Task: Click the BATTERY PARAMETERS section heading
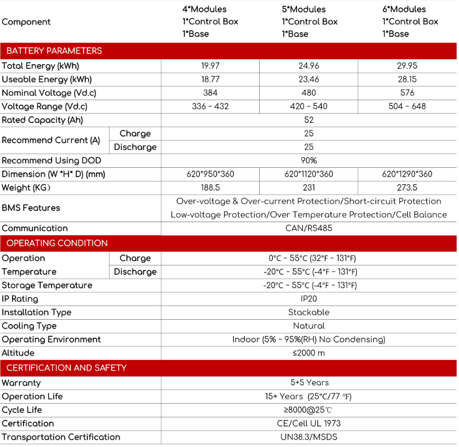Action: [54, 51]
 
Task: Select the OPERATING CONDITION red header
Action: [57, 243]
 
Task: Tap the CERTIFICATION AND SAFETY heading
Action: [66, 368]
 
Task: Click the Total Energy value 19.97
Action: [210, 66]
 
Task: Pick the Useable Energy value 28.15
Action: [407, 80]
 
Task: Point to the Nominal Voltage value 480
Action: [309, 93]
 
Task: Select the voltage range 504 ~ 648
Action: [407, 106]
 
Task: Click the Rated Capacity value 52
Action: [309, 120]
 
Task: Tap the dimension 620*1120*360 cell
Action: [309, 174]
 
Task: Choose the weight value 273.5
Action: [407, 188]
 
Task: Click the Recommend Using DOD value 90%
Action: [309, 161]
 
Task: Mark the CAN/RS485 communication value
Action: [309, 228]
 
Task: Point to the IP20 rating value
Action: [309, 299]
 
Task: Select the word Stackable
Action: [309, 313]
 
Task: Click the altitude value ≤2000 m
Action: [309, 353]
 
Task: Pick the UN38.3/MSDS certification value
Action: [309, 437]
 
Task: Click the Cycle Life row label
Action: [22, 410]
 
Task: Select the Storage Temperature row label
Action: [47, 285]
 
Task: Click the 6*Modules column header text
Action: [404, 9]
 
